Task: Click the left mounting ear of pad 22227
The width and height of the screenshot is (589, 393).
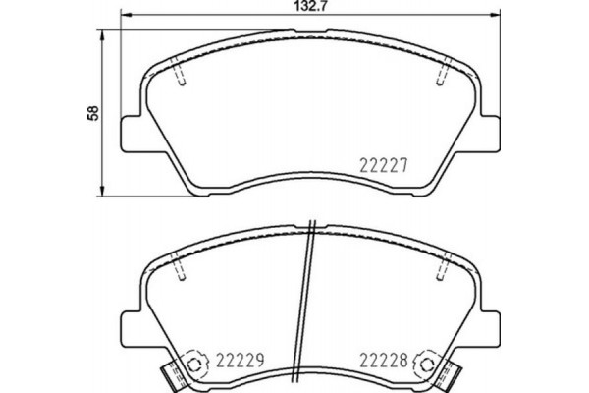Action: [x=131, y=132]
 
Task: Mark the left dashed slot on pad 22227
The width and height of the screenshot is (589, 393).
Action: [x=180, y=76]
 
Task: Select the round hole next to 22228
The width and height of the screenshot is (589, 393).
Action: [x=425, y=364]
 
